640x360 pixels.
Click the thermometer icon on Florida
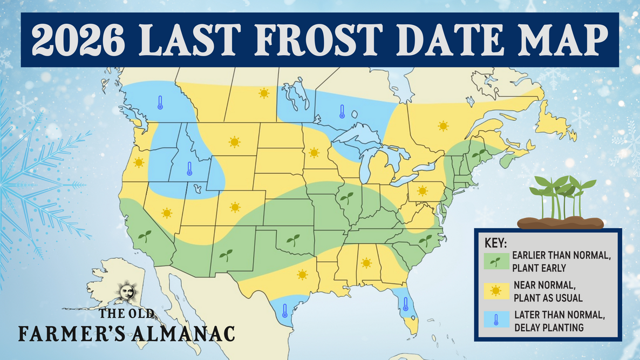click(x=405, y=303)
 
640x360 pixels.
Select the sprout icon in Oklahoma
click(x=293, y=240)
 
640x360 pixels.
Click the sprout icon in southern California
click(x=145, y=235)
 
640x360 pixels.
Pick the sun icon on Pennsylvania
click(x=422, y=191)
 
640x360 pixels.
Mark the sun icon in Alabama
click(x=366, y=263)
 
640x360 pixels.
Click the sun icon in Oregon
click(x=139, y=162)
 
